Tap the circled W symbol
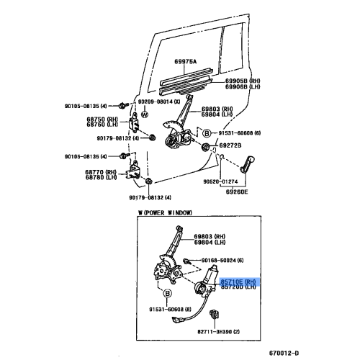(x=145, y=114)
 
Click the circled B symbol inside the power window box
(x=167, y=294)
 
